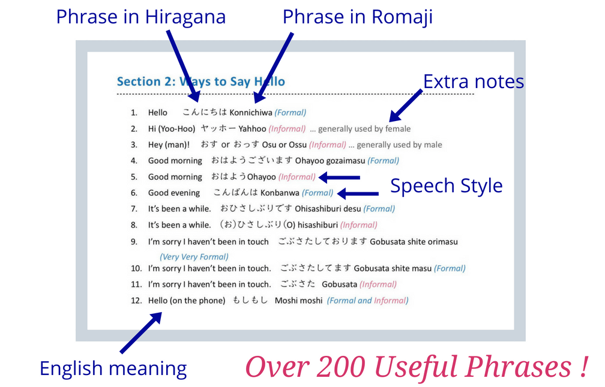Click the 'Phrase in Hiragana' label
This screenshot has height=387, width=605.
pyautogui.click(x=141, y=17)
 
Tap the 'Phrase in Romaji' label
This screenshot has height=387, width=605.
pyautogui.click(x=358, y=17)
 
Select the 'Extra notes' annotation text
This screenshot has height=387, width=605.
pyautogui.click(x=474, y=81)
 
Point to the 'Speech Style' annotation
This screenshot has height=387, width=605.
pyautogui.click(x=447, y=186)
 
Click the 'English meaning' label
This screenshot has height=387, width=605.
pyautogui.click(x=113, y=368)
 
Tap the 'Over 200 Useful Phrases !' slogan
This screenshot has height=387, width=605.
pyautogui.click(x=417, y=366)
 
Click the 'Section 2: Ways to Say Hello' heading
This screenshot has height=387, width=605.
pyautogui.click(x=201, y=81)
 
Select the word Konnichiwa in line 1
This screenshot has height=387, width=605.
pyautogui.click(x=251, y=113)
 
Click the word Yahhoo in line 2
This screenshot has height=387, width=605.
pyautogui.click(x=252, y=129)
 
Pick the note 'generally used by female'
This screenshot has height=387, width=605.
pyautogui.click(x=364, y=129)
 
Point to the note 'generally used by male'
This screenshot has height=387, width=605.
pyautogui.click(x=399, y=145)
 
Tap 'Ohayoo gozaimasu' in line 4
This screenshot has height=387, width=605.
pyautogui.click(x=330, y=161)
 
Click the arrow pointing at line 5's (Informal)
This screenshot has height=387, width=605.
pyautogui.click(x=339, y=177)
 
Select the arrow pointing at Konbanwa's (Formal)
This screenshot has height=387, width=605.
pyautogui.click(x=358, y=193)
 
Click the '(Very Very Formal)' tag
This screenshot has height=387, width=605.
pyautogui.click(x=194, y=257)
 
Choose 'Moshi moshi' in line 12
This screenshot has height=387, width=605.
pyautogui.click(x=299, y=300)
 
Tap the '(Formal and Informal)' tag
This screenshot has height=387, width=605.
pyautogui.click(x=368, y=300)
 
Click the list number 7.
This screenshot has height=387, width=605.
pyautogui.click(x=134, y=208)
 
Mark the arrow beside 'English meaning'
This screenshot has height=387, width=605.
pyautogui.click(x=141, y=332)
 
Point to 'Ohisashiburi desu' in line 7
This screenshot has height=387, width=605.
pyautogui.click(x=328, y=208)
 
